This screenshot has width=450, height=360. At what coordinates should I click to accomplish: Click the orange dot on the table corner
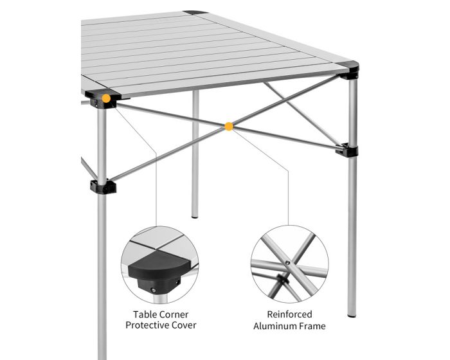point(106,98)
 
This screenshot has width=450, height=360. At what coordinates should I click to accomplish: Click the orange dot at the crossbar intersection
point(229,126)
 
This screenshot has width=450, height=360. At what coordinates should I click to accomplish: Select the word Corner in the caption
point(174,314)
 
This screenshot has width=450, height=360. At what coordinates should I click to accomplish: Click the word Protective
point(147,325)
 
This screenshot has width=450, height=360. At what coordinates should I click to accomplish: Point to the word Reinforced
point(289,314)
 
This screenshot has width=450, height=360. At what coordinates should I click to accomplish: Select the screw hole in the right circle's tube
point(287,262)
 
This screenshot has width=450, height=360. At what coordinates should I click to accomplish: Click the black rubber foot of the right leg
point(352,316)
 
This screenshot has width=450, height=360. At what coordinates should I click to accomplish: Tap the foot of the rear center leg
point(195,216)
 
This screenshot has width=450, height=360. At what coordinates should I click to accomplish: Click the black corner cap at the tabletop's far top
point(195,13)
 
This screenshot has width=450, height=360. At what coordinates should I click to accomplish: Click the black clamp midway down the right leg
point(347,150)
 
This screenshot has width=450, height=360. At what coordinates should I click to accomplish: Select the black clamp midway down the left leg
point(103,187)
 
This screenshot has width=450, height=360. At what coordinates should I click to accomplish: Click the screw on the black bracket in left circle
point(154,291)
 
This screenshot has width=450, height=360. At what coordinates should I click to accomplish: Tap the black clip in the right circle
point(282,278)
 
